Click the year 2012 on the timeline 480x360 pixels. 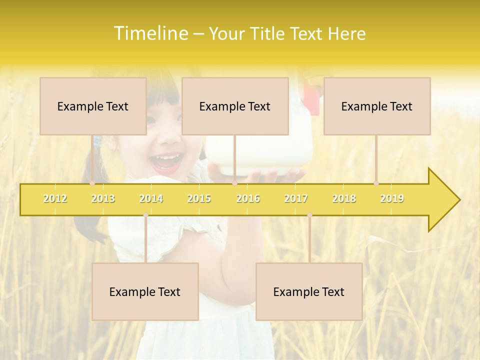pos(55,198)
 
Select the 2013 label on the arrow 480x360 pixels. pos(103,198)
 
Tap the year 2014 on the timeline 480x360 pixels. pos(151,198)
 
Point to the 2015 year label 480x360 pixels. pos(199,198)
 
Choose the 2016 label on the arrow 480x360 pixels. pos(248,198)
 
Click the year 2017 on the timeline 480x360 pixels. pos(296,198)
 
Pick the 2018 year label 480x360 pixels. pos(344,198)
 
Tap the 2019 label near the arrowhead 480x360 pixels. pos(392,198)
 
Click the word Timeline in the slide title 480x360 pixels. pos(150,33)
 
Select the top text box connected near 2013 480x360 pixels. pos(93,106)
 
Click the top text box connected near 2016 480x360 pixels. pos(235,106)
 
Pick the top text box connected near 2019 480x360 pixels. pos(377,106)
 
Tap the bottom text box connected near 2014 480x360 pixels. pos(145,291)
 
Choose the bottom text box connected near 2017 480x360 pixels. pos(309,291)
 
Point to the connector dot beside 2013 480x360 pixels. pos(92,183)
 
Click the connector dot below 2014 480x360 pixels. pos(145,215)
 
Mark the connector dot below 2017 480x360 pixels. pos(309,215)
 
